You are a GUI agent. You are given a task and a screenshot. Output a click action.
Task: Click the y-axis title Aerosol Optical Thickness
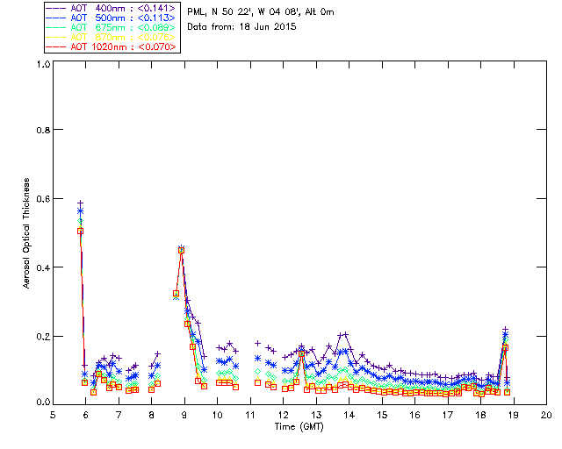point(27,232)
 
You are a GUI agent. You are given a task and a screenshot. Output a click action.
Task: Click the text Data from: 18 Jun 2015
point(242,27)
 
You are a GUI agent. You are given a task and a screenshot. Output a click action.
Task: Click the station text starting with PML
point(261,12)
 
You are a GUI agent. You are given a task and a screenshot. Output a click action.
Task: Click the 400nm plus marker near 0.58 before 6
point(80,203)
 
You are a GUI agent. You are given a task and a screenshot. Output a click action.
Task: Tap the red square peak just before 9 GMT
point(181,250)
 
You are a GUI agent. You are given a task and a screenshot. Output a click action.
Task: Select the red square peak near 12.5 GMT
point(301,354)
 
